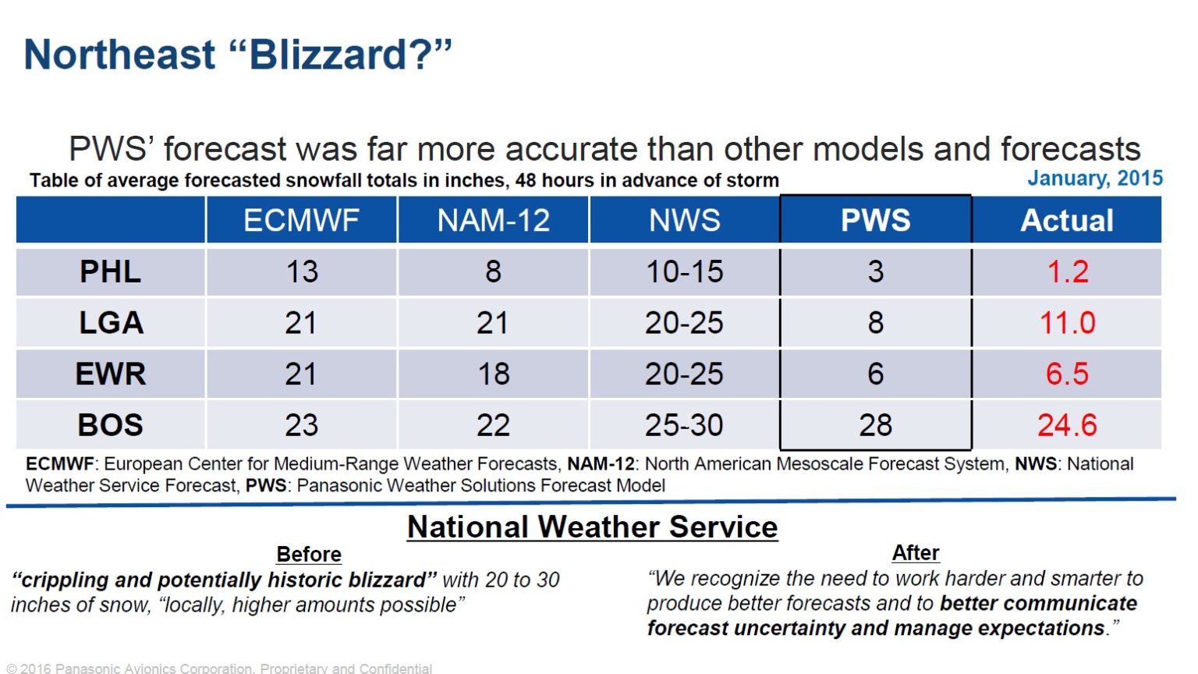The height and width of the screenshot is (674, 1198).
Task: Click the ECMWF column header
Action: click(301, 221)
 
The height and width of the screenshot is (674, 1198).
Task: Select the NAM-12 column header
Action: click(493, 221)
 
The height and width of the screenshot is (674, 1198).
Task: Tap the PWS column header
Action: click(875, 221)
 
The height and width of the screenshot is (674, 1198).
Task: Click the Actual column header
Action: click(1067, 221)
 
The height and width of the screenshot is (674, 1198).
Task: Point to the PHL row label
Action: click(110, 272)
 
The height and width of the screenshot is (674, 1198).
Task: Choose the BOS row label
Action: click(110, 425)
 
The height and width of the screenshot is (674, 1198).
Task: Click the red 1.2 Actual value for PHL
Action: click(1067, 272)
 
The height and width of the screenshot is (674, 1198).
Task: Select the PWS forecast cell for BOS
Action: click(875, 425)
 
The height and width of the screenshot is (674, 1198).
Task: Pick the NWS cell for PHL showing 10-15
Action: click(684, 272)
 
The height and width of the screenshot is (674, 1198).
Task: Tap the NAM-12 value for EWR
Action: click(493, 374)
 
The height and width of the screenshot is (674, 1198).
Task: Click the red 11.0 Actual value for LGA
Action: click(1067, 323)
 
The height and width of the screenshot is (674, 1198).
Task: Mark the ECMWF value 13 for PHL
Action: click(301, 272)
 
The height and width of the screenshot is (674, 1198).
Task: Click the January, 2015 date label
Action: click(1094, 178)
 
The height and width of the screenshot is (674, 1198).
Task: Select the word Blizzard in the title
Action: click(328, 55)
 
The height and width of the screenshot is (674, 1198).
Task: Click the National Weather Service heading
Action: click(592, 527)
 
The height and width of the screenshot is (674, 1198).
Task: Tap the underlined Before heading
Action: click(309, 555)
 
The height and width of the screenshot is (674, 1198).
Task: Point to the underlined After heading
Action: click(915, 553)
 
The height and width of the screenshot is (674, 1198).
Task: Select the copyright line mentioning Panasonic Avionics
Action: click(219, 669)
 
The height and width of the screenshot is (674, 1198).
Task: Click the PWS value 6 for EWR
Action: click(875, 374)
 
